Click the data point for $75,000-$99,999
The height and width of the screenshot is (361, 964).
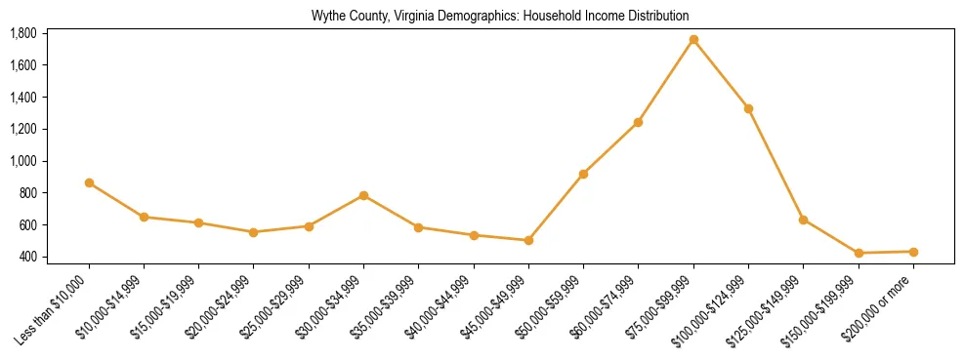tap(693, 40)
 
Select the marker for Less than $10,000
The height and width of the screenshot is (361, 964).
tap(89, 182)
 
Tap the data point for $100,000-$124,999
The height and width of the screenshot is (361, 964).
tap(748, 108)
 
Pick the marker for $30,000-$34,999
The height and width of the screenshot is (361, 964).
tap(363, 195)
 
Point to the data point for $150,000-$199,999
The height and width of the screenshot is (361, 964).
tap(859, 254)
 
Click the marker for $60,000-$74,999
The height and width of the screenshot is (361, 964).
tap(638, 122)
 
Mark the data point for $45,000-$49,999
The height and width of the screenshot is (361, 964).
tap(528, 240)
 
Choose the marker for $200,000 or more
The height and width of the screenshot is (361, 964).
tap(913, 252)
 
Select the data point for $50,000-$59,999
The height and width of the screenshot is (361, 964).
tap(583, 174)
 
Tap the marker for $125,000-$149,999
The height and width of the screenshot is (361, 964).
tap(803, 220)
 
